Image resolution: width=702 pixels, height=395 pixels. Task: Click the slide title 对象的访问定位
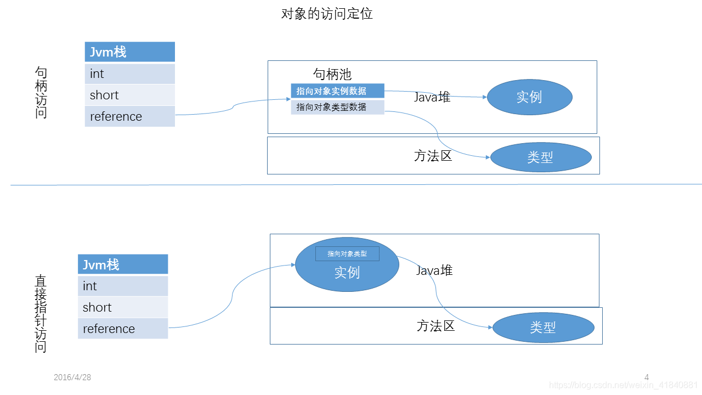click(x=327, y=14)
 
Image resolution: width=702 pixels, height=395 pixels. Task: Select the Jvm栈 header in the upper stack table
click(x=130, y=52)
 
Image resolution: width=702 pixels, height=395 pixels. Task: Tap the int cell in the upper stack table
click(x=130, y=74)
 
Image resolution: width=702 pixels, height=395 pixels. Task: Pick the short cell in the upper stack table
click(x=130, y=95)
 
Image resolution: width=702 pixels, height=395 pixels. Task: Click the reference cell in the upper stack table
click(x=130, y=116)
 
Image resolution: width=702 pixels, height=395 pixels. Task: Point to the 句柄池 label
click(x=332, y=74)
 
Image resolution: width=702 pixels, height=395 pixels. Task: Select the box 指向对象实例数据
click(x=337, y=91)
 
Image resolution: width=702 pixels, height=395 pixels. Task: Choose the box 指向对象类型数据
click(x=337, y=107)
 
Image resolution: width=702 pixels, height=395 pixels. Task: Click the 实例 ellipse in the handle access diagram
click(x=529, y=97)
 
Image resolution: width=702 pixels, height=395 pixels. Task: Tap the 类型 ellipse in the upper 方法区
click(x=541, y=157)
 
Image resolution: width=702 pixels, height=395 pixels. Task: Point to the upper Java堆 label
click(x=432, y=98)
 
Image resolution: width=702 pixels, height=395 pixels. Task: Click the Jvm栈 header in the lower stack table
click(x=123, y=264)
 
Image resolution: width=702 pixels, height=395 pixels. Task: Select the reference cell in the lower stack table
click(x=123, y=329)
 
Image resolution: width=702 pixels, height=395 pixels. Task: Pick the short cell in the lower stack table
click(x=123, y=307)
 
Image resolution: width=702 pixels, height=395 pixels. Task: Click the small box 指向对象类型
click(x=347, y=254)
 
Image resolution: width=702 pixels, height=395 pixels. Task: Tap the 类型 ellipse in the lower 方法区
click(x=544, y=328)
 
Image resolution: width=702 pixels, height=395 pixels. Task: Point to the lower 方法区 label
click(x=436, y=326)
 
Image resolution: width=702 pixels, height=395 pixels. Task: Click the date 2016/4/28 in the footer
click(x=72, y=377)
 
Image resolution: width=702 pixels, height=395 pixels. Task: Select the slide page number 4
click(x=647, y=377)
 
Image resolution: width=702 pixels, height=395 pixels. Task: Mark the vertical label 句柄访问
click(x=41, y=92)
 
